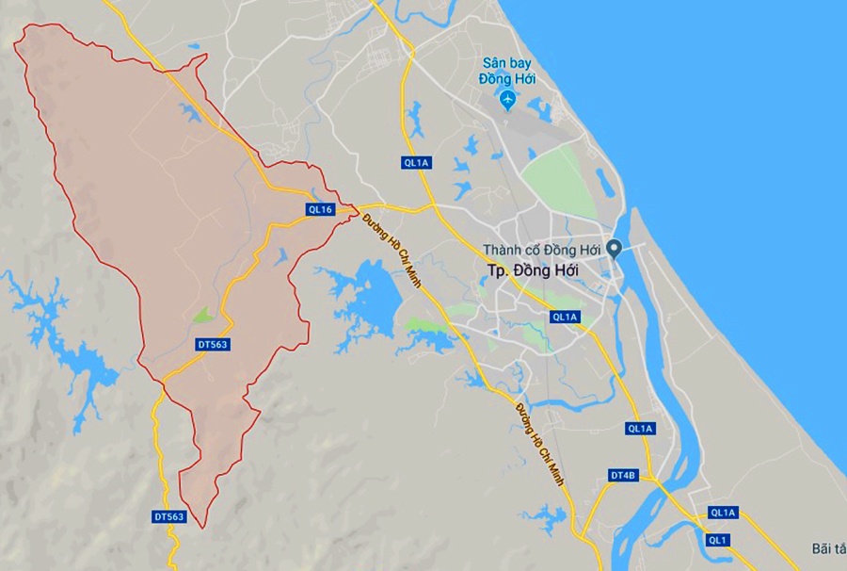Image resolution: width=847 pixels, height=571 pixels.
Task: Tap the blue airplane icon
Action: tap(508, 99)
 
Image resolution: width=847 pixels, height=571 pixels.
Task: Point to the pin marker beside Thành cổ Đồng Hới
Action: tap(614, 249)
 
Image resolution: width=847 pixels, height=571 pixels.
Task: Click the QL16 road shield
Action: tap(320, 209)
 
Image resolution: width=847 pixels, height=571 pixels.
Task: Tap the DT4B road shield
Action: tap(623, 476)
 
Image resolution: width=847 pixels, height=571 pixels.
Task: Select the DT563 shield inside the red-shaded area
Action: tap(213, 344)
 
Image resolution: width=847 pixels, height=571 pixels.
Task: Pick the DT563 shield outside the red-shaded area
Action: tap(169, 517)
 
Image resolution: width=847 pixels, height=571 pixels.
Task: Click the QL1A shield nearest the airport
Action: tap(416, 163)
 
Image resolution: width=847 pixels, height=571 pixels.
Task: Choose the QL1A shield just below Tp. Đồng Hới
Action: tap(565, 317)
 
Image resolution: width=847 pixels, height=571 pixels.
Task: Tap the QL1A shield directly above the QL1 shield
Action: tap(724, 513)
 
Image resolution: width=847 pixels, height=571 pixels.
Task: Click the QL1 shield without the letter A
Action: tap(719, 540)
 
